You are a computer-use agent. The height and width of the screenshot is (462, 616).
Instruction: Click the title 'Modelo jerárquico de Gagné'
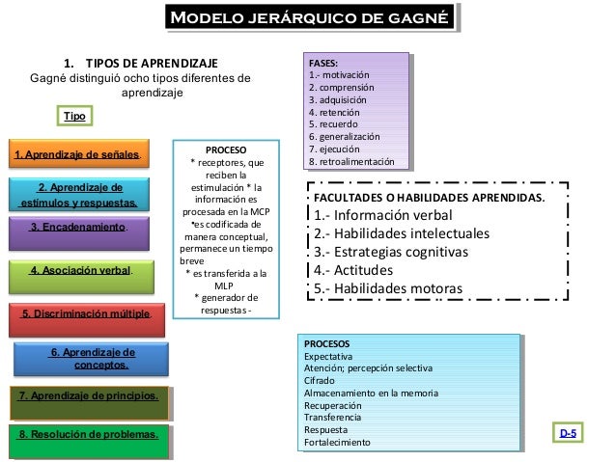[x=308, y=17]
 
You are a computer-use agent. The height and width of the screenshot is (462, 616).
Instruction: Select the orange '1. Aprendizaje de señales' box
[x=77, y=154]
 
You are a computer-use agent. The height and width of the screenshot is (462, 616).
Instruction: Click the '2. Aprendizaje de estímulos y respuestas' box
[x=79, y=195]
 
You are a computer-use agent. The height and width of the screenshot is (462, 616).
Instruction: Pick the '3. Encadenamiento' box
[x=78, y=229]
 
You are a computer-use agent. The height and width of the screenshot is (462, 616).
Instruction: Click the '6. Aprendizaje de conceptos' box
[x=93, y=359]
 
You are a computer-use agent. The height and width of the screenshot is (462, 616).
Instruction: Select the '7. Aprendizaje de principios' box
[x=88, y=396]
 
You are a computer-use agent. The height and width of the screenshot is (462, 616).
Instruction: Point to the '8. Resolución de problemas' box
[x=88, y=436]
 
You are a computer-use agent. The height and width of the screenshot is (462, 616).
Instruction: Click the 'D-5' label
[x=570, y=435]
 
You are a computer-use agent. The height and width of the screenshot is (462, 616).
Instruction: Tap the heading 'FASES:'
[x=323, y=61]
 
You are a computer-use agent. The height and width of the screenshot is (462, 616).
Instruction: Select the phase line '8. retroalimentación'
[x=351, y=162]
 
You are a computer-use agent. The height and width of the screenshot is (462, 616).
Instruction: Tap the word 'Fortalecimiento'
[x=337, y=442]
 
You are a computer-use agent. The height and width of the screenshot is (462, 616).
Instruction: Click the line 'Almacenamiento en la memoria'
[x=371, y=393]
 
